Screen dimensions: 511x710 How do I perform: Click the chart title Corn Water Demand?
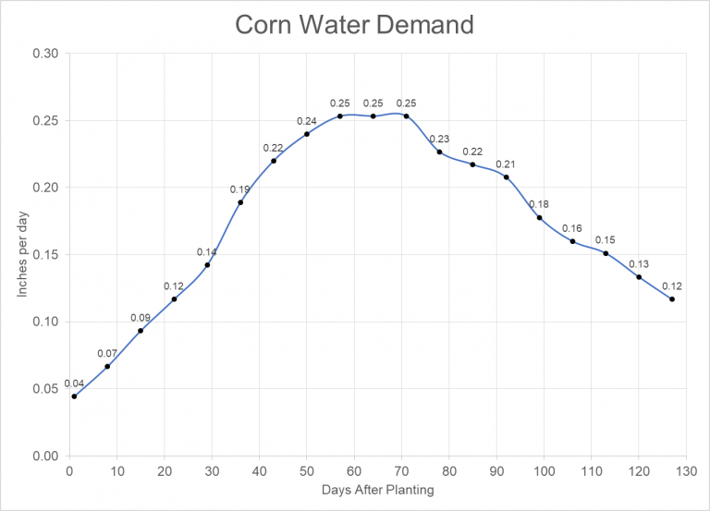(x=354, y=25)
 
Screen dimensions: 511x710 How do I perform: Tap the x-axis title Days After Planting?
(x=378, y=490)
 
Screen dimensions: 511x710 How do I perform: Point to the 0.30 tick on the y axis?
(x=44, y=54)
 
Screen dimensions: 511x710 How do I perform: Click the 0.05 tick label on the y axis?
(x=44, y=389)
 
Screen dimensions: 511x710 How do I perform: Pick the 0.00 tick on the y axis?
(x=44, y=456)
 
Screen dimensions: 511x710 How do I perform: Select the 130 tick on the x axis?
(x=685, y=470)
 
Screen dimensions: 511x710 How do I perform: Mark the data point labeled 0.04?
(x=74, y=396)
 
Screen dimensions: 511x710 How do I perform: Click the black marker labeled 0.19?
(x=240, y=202)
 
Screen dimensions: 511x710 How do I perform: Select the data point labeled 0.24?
(x=307, y=134)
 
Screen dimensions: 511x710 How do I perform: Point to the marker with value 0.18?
(x=539, y=217)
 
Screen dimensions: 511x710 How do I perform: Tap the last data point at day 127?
(x=672, y=299)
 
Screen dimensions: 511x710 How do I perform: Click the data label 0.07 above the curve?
(x=107, y=353)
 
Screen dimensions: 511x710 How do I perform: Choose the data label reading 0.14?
(x=207, y=251)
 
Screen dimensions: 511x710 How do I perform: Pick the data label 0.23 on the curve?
(x=439, y=139)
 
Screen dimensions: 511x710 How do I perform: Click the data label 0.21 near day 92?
(x=506, y=164)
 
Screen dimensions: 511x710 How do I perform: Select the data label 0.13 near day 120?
(x=639, y=263)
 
